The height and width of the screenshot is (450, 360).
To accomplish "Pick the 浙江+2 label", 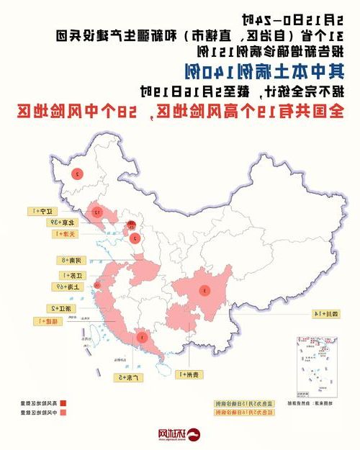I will pos(57,307).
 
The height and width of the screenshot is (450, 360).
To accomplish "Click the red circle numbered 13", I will pos(95,212).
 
